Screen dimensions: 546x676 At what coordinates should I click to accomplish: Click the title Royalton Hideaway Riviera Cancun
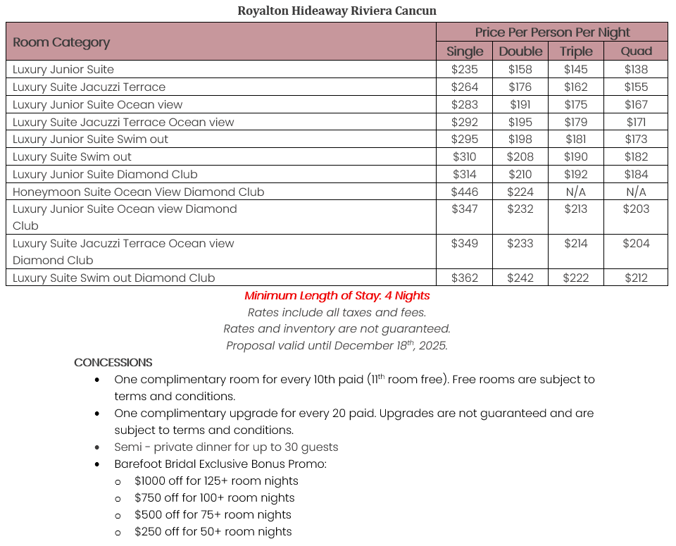[x=337, y=11]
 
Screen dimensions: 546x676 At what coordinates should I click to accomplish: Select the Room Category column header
[x=61, y=42]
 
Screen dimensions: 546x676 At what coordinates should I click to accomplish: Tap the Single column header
[x=465, y=51]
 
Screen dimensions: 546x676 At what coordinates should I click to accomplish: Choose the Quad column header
[x=636, y=51]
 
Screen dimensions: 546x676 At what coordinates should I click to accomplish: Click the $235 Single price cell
[x=465, y=70]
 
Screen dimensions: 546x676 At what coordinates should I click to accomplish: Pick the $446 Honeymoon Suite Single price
[x=465, y=192]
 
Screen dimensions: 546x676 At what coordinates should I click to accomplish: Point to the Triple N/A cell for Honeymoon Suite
[x=575, y=192]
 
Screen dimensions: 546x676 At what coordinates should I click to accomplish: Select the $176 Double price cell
[x=520, y=87]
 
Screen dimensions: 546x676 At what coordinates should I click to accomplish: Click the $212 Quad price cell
[x=636, y=278]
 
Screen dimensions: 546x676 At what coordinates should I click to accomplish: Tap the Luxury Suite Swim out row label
[x=72, y=156]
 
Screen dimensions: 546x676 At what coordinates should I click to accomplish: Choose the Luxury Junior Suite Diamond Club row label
[x=105, y=174]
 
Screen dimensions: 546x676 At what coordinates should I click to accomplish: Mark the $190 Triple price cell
[x=575, y=156]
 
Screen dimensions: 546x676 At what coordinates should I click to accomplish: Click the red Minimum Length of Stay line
[x=337, y=296]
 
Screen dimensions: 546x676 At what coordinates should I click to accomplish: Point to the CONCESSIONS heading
[x=113, y=363]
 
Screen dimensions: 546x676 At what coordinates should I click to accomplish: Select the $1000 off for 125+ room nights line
[x=216, y=481]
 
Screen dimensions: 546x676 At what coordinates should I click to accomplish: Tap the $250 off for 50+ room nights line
[x=213, y=532]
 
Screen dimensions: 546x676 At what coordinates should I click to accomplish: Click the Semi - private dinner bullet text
[x=226, y=447]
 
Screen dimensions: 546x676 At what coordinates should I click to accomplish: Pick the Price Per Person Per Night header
[x=552, y=32]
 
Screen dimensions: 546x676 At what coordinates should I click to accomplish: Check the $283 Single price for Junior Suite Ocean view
[x=465, y=104]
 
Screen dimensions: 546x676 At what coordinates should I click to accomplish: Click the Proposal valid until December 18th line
[x=337, y=346]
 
